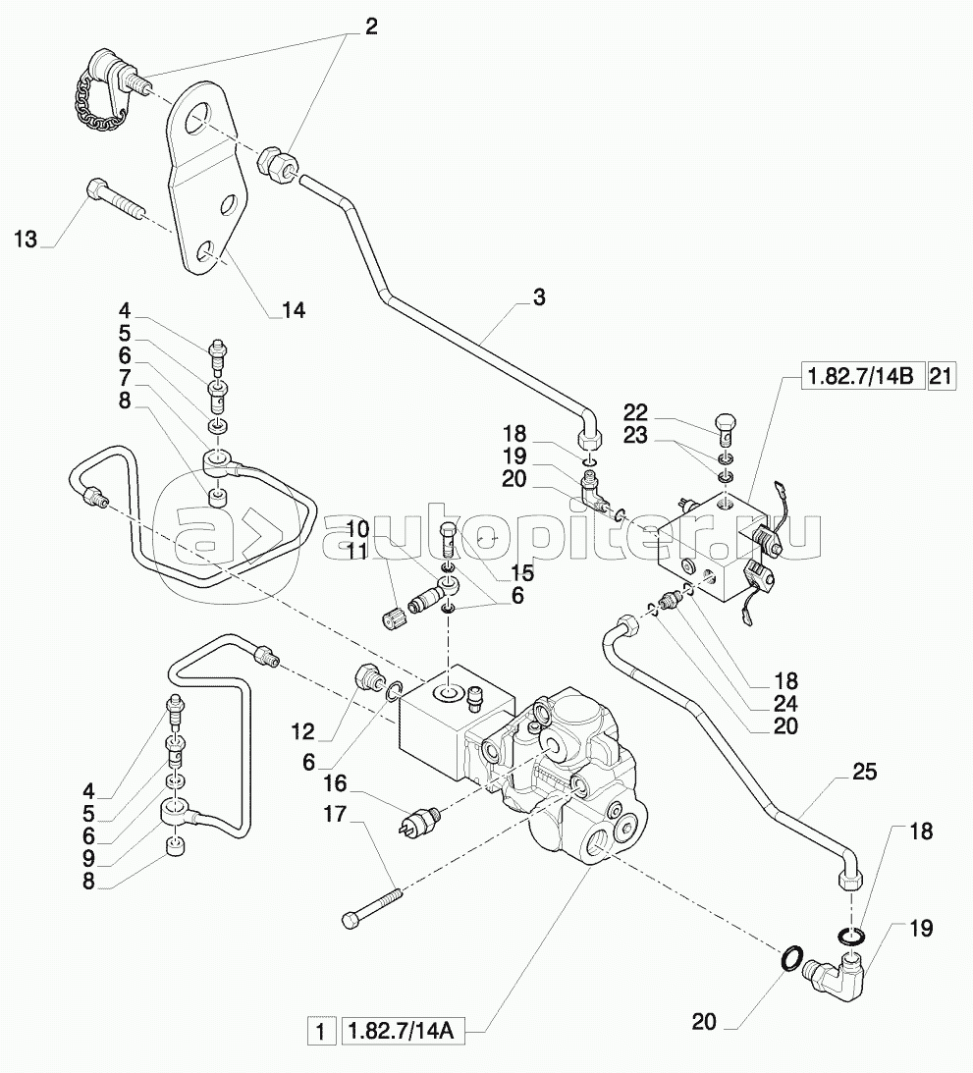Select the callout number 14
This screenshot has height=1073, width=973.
(x=293, y=311)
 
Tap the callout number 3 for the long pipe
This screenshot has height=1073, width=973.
(x=539, y=297)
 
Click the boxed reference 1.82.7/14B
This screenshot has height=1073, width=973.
(x=859, y=376)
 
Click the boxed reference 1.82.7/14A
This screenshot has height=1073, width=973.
(x=403, y=1032)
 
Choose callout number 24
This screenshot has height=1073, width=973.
(x=784, y=704)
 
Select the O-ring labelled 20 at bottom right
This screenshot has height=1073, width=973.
(x=794, y=957)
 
